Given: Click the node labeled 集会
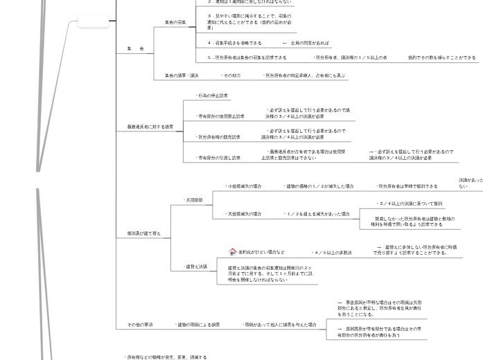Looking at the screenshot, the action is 135,49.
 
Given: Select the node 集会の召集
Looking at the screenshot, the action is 175,23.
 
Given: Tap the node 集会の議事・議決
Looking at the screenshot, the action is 182,75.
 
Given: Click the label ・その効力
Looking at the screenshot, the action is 231,75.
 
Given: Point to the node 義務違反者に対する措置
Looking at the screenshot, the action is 146,127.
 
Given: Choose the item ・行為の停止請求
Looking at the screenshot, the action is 211,96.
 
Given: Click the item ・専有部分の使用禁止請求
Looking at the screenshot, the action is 220,116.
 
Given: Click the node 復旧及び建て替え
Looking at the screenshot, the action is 143,234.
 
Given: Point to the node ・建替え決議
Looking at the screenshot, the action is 195,267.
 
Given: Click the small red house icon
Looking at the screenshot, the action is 233,252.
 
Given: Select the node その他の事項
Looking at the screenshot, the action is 140,325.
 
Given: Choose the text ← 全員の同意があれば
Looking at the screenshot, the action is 306,43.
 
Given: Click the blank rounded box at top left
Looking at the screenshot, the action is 92,21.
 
